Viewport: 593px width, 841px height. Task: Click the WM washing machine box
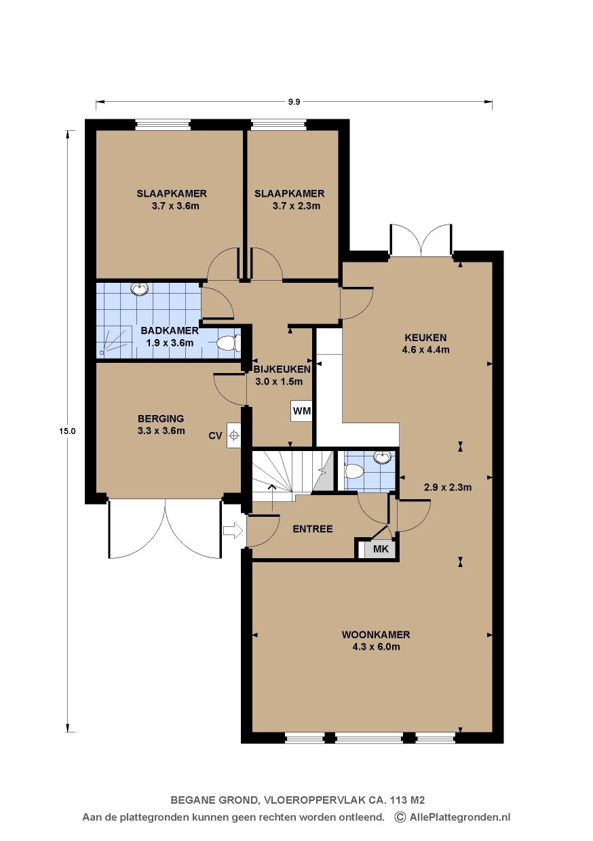pyautogui.click(x=302, y=411)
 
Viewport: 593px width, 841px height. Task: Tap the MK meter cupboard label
pyautogui.click(x=380, y=549)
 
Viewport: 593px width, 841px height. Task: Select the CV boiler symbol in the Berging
pyautogui.click(x=233, y=435)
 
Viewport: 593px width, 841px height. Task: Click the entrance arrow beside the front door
pyautogui.click(x=233, y=530)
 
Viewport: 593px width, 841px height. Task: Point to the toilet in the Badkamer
pyautogui.click(x=229, y=344)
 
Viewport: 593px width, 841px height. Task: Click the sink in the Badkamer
pyautogui.click(x=140, y=288)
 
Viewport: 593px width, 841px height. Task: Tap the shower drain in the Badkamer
pyautogui.click(x=102, y=353)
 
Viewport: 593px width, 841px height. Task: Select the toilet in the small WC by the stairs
pyautogui.click(x=353, y=471)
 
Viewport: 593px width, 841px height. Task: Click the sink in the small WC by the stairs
pyautogui.click(x=382, y=457)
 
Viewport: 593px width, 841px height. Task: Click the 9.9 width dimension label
pyautogui.click(x=294, y=102)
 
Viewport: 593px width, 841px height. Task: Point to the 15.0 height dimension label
pyautogui.click(x=67, y=431)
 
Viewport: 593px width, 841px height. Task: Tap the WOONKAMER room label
pyautogui.click(x=376, y=635)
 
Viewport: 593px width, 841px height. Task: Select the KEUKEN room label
pyautogui.click(x=425, y=337)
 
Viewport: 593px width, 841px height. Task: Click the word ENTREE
pyautogui.click(x=313, y=529)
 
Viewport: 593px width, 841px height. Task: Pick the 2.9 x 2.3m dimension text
pyautogui.click(x=448, y=488)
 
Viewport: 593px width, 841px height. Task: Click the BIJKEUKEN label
pyautogui.click(x=282, y=369)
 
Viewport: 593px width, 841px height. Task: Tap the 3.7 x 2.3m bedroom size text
pyautogui.click(x=296, y=206)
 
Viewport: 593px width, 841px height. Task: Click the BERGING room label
pyautogui.click(x=161, y=418)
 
